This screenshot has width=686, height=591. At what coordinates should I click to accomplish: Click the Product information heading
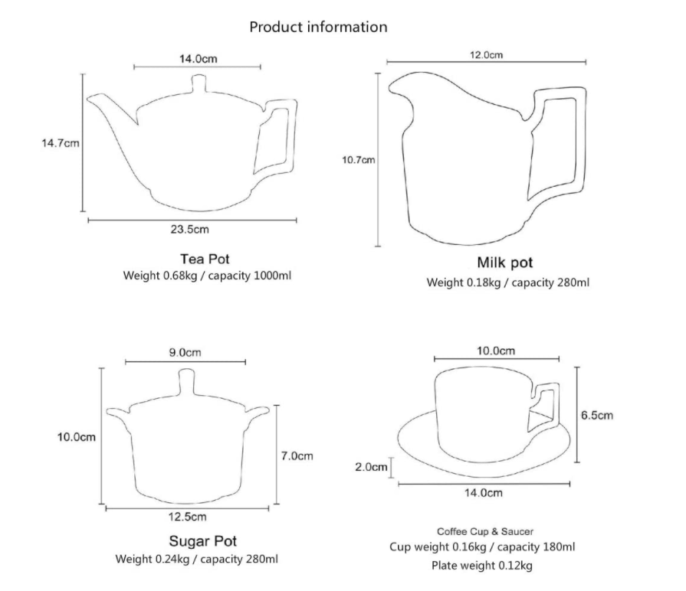tap(318, 27)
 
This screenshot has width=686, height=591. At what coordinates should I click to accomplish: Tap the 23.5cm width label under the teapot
tap(190, 230)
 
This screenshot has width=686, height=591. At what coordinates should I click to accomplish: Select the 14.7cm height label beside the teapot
tap(61, 143)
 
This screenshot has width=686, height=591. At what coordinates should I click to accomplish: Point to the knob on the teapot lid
tap(199, 83)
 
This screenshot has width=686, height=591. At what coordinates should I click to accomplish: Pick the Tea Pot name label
tap(205, 259)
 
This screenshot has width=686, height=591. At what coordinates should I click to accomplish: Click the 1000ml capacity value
tap(272, 276)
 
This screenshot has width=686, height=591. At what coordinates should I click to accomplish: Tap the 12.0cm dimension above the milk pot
tap(486, 55)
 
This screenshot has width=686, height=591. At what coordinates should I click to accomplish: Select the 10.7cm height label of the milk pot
tap(358, 160)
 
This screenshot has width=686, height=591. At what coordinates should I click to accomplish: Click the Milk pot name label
tap(505, 263)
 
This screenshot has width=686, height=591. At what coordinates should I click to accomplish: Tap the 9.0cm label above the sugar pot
tap(185, 352)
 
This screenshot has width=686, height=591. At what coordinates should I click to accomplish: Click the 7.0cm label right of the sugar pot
tap(297, 456)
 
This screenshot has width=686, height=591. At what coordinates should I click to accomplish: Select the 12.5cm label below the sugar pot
tap(187, 517)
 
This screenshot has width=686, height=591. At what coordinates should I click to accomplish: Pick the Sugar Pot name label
tap(202, 541)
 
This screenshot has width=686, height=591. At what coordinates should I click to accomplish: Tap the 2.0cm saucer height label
tap(371, 467)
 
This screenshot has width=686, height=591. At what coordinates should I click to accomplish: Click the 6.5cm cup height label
tap(597, 415)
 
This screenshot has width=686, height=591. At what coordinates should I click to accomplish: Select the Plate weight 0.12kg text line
tap(481, 566)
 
